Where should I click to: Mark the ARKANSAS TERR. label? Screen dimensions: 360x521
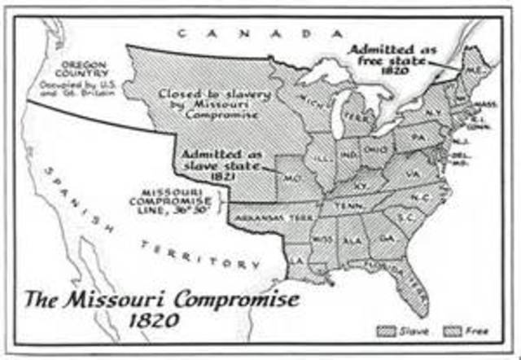click(263, 218)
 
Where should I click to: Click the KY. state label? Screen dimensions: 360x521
click(361, 185)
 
